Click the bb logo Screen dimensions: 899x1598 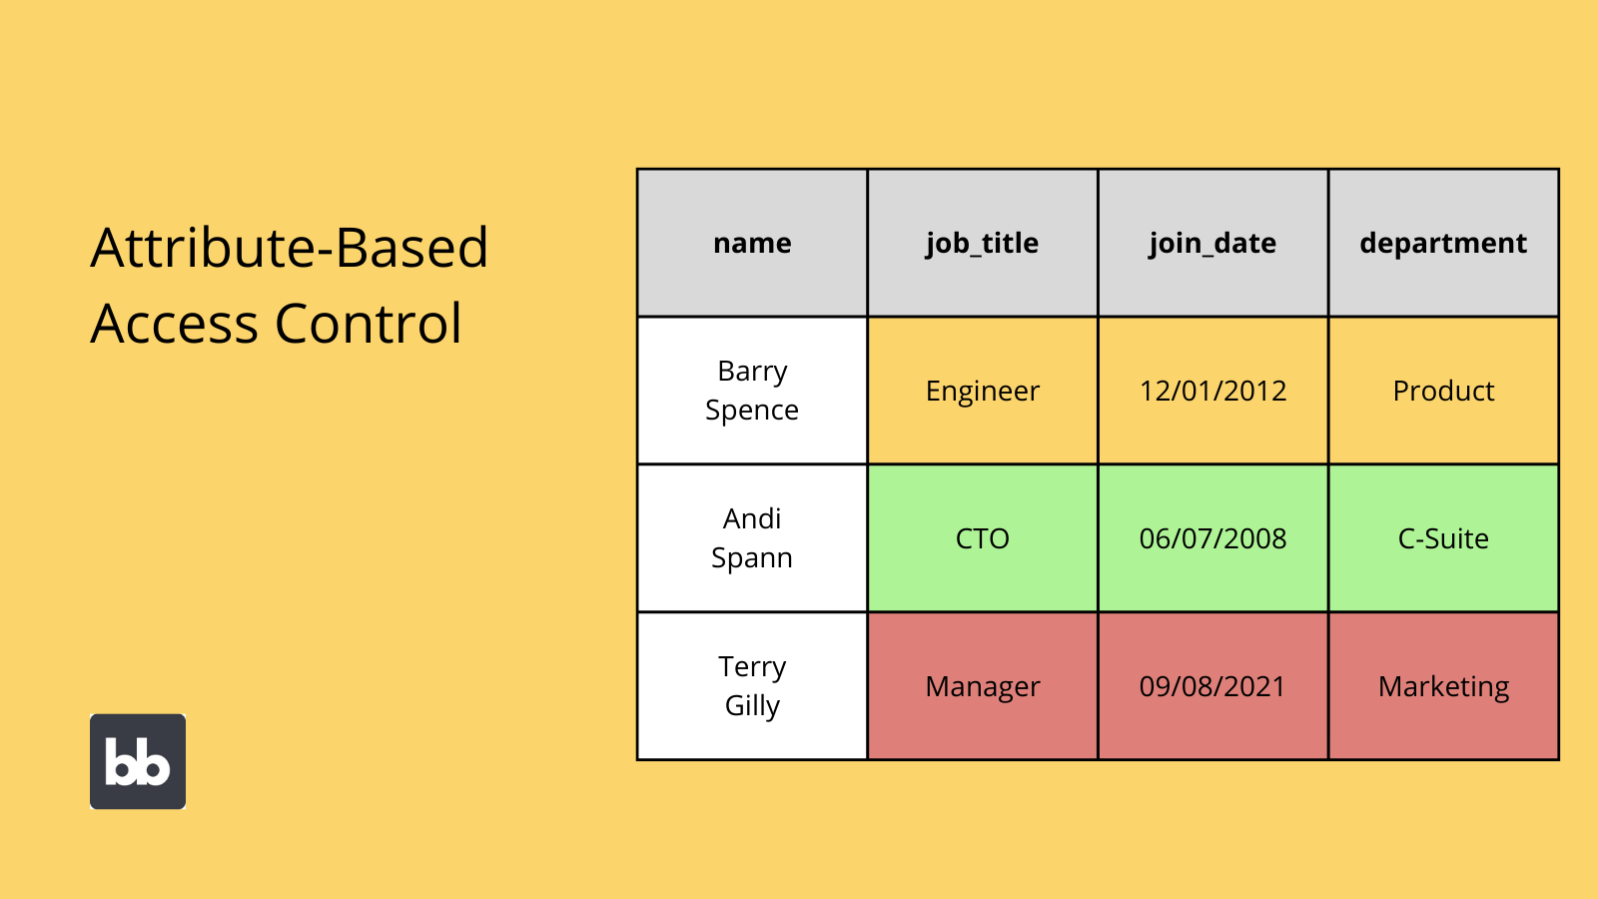138,761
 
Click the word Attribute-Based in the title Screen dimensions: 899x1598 290,248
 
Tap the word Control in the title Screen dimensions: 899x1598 368,324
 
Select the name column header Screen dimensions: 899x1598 752,243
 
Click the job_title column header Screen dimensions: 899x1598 982,243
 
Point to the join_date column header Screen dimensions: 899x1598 1212,243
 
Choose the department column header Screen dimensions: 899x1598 1443,243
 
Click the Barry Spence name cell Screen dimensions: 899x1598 752,391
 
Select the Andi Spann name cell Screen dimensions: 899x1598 752,538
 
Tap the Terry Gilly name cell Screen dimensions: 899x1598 752,686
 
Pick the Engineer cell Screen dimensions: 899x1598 982,391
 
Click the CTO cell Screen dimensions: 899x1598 982,538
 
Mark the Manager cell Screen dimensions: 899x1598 982,686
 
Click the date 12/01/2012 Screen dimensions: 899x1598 1212,391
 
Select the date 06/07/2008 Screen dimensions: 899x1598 1212,538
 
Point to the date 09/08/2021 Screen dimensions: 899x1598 1212,686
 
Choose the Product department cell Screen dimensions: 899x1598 1443,391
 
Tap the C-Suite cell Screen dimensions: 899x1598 1443,538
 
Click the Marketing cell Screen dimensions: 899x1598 1443,686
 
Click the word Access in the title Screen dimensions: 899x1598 175,324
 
